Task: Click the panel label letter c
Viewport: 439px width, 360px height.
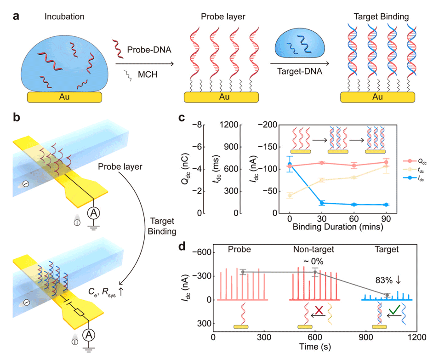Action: click(x=182, y=118)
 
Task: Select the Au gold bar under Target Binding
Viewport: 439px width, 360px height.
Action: click(x=378, y=97)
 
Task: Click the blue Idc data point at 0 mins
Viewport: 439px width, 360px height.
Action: click(x=290, y=164)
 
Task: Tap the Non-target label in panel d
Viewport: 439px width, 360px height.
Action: click(x=314, y=249)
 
